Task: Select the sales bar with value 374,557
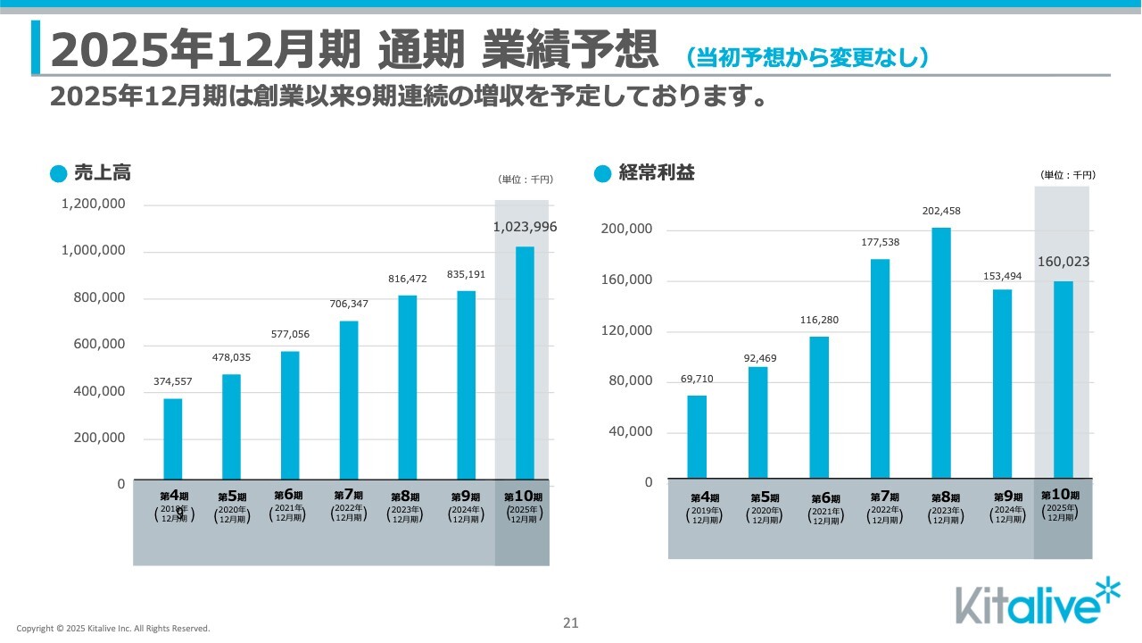pyautogui.click(x=172, y=438)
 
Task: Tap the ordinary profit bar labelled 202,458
pyautogui.click(x=940, y=353)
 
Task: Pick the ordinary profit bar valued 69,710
pyautogui.click(x=697, y=437)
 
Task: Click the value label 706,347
pyautogui.click(x=348, y=304)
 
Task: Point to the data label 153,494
pyautogui.click(x=1003, y=276)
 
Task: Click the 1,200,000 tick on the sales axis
pyautogui.click(x=93, y=205)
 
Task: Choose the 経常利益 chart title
pyautogui.click(x=657, y=173)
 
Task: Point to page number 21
pyautogui.click(x=571, y=623)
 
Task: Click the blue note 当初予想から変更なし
pyautogui.click(x=807, y=57)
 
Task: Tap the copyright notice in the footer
pyautogui.click(x=113, y=629)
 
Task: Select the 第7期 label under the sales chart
pyautogui.click(x=348, y=495)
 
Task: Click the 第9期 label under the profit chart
pyautogui.click(x=1007, y=497)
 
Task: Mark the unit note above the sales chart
pyautogui.click(x=525, y=180)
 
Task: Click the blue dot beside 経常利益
pyautogui.click(x=602, y=174)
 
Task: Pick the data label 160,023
pyautogui.click(x=1063, y=262)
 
